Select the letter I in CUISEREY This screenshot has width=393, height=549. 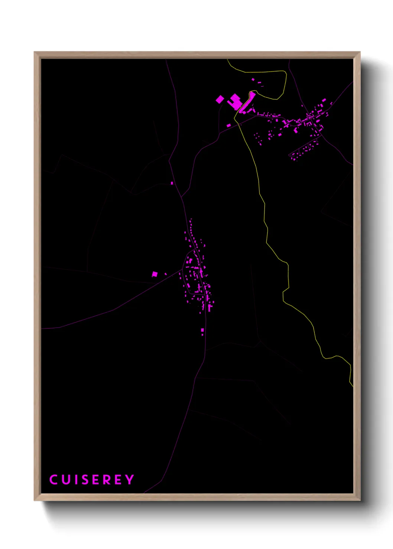pyautogui.click(x=76, y=480)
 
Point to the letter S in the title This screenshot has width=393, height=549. pyautogui.click(x=85, y=480)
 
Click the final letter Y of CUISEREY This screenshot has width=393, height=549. pyautogui.click(x=129, y=480)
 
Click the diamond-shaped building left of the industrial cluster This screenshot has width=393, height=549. pyautogui.click(x=220, y=99)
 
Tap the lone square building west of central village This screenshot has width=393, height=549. pyautogui.click(x=155, y=274)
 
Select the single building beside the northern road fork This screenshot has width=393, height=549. pyautogui.click(x=172, y=183)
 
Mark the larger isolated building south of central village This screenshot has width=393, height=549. pyautogui.click(x=202, y=330)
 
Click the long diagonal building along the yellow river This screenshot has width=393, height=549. pyautogui.click(x=247, y=102)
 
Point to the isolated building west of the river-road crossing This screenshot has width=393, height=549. pyautogui.click(x=229, y=125)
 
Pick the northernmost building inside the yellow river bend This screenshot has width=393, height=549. pyautogui.click(x=253, y=79)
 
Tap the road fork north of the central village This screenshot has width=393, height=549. pyautogui.click(x=182, y=197)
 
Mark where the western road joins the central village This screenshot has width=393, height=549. pyautogui.click(x=182, y=270)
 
